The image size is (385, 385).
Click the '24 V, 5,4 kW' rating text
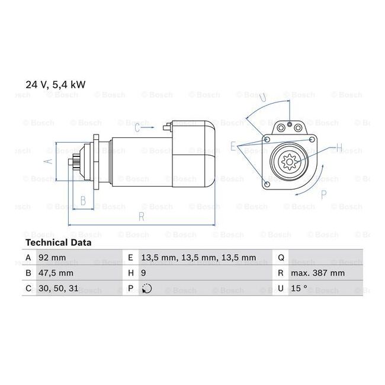56,85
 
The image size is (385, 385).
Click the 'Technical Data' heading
59,243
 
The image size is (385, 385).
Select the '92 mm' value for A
52,258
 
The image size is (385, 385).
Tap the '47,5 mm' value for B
56,273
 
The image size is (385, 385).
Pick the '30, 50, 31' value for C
59,288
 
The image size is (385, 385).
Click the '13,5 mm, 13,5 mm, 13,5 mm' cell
198,258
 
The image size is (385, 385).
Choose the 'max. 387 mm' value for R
317,273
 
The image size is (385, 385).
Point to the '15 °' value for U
299,288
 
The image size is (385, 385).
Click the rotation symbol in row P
147,288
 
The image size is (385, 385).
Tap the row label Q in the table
281,258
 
